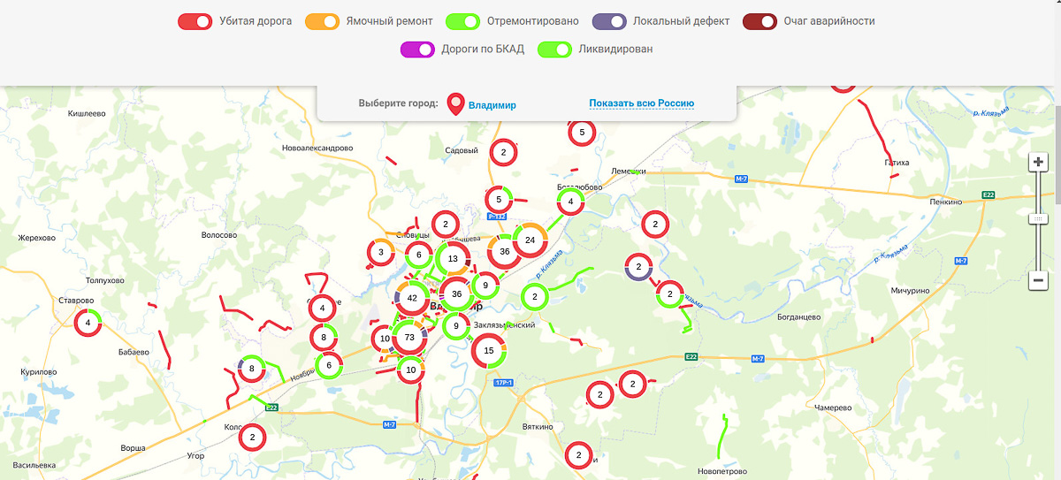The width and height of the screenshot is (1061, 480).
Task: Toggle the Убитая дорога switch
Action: pos(195,21)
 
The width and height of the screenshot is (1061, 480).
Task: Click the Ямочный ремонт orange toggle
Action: pos(322,21)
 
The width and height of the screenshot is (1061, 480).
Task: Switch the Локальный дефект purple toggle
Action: pos(609,21)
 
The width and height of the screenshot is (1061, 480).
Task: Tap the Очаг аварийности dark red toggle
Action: pos(759,21)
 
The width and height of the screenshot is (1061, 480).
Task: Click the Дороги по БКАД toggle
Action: pos(417,50)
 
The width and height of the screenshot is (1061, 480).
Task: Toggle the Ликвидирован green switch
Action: pos(554,50)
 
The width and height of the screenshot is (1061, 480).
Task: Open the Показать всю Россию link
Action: pos(641,103)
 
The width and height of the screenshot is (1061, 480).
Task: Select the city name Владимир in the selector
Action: pos(492,105)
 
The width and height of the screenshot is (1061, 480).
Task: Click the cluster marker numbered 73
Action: pos(409,338)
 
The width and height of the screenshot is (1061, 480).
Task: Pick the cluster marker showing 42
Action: pos(412,299)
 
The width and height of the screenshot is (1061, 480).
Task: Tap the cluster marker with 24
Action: pos(530,240)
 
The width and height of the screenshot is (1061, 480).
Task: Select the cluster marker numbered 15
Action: pos(489,351)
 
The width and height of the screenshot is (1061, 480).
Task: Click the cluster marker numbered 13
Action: pos(453,259)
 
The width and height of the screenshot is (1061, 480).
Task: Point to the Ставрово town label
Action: pos(76,301)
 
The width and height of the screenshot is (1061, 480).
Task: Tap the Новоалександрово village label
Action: pos(317,148)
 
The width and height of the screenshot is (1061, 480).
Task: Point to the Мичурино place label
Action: pos(912,291)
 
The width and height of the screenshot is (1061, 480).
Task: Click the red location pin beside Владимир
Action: pos(455,104)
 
